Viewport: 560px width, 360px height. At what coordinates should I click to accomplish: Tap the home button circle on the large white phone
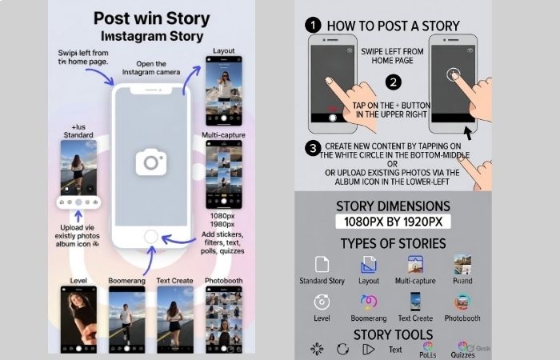click(x=151, y=236)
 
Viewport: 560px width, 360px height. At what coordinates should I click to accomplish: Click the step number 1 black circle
click(x=314, y=25)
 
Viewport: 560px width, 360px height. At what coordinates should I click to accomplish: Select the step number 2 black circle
click(x=393, y=82)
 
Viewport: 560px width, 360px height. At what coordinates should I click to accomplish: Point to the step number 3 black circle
click(x=314, y=147)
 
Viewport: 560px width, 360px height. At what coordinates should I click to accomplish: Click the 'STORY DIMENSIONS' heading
click(x=392, y=206)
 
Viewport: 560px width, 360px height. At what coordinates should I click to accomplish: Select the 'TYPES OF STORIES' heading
click(x=392, y=243)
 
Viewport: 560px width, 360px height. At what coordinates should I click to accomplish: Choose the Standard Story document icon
click(x=322, y=265)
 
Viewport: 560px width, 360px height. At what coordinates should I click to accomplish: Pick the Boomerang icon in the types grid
click(x=369, y=302)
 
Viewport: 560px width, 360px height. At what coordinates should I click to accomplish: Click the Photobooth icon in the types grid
click(x=462, y=302)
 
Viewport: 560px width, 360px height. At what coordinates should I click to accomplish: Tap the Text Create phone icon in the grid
click(x=415, y=302)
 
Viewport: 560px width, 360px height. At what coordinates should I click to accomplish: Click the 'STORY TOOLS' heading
click(x=393, y=334)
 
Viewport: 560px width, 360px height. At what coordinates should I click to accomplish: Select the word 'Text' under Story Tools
click(x=395, y=350)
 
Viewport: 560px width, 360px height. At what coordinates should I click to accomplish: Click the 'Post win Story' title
click(x=151, y=18)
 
